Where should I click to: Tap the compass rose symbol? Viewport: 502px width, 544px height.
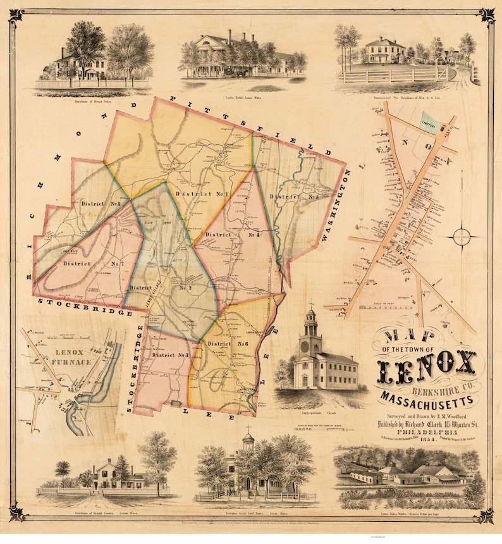(463, 237)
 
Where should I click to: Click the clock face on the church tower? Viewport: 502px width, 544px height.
(310, 345)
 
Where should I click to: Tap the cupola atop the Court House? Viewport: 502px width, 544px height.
(248, 438)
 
